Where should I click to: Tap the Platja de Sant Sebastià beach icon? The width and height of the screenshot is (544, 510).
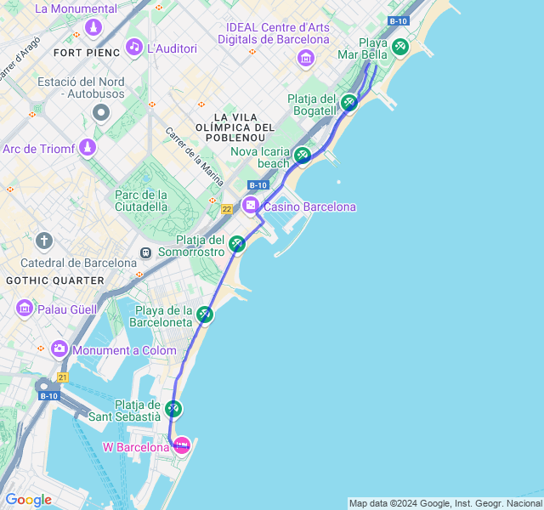173,410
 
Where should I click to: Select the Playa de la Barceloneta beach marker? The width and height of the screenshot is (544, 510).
205,314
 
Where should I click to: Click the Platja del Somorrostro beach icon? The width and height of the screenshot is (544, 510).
237,244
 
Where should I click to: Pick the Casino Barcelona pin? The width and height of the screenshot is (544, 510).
251,205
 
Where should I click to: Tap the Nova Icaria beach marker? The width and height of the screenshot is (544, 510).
303,156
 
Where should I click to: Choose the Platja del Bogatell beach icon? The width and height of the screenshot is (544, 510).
348,104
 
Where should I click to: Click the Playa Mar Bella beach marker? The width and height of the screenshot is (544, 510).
399,47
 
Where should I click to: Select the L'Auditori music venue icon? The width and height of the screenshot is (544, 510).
133,47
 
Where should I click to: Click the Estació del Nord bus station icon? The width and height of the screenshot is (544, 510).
102,112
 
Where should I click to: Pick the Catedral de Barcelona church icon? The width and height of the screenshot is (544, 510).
44,241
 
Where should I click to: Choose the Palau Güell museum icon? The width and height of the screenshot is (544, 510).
25,306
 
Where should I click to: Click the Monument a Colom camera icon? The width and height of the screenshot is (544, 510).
59,348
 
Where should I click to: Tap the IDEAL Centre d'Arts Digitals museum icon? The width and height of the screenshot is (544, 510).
305,58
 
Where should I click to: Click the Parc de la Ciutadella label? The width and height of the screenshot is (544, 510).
141,200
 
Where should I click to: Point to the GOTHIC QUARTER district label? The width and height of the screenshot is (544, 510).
54,280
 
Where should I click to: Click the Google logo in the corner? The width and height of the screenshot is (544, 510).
28,500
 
